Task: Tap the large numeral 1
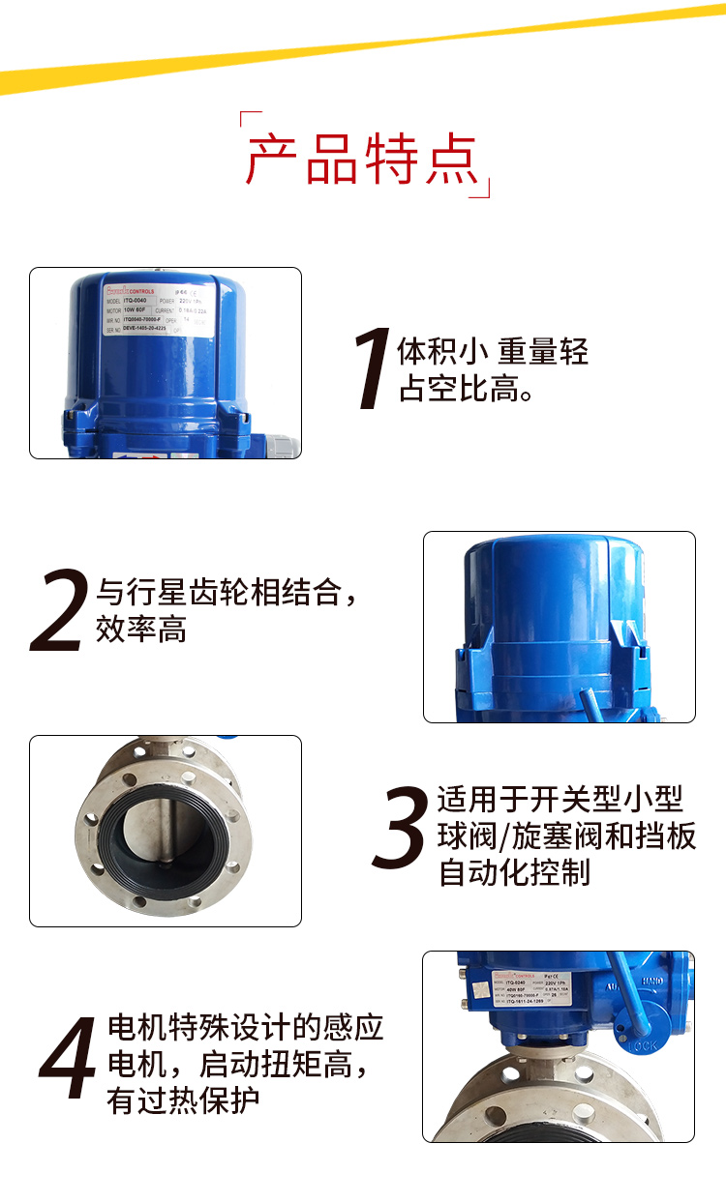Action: click(x=371, y=370)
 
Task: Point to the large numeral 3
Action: click(x=400, y=831)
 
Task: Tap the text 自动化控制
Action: click(x=514, y=872)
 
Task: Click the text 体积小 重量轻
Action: click(x=493, y=350)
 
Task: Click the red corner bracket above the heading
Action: click(x=250, y=123)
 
